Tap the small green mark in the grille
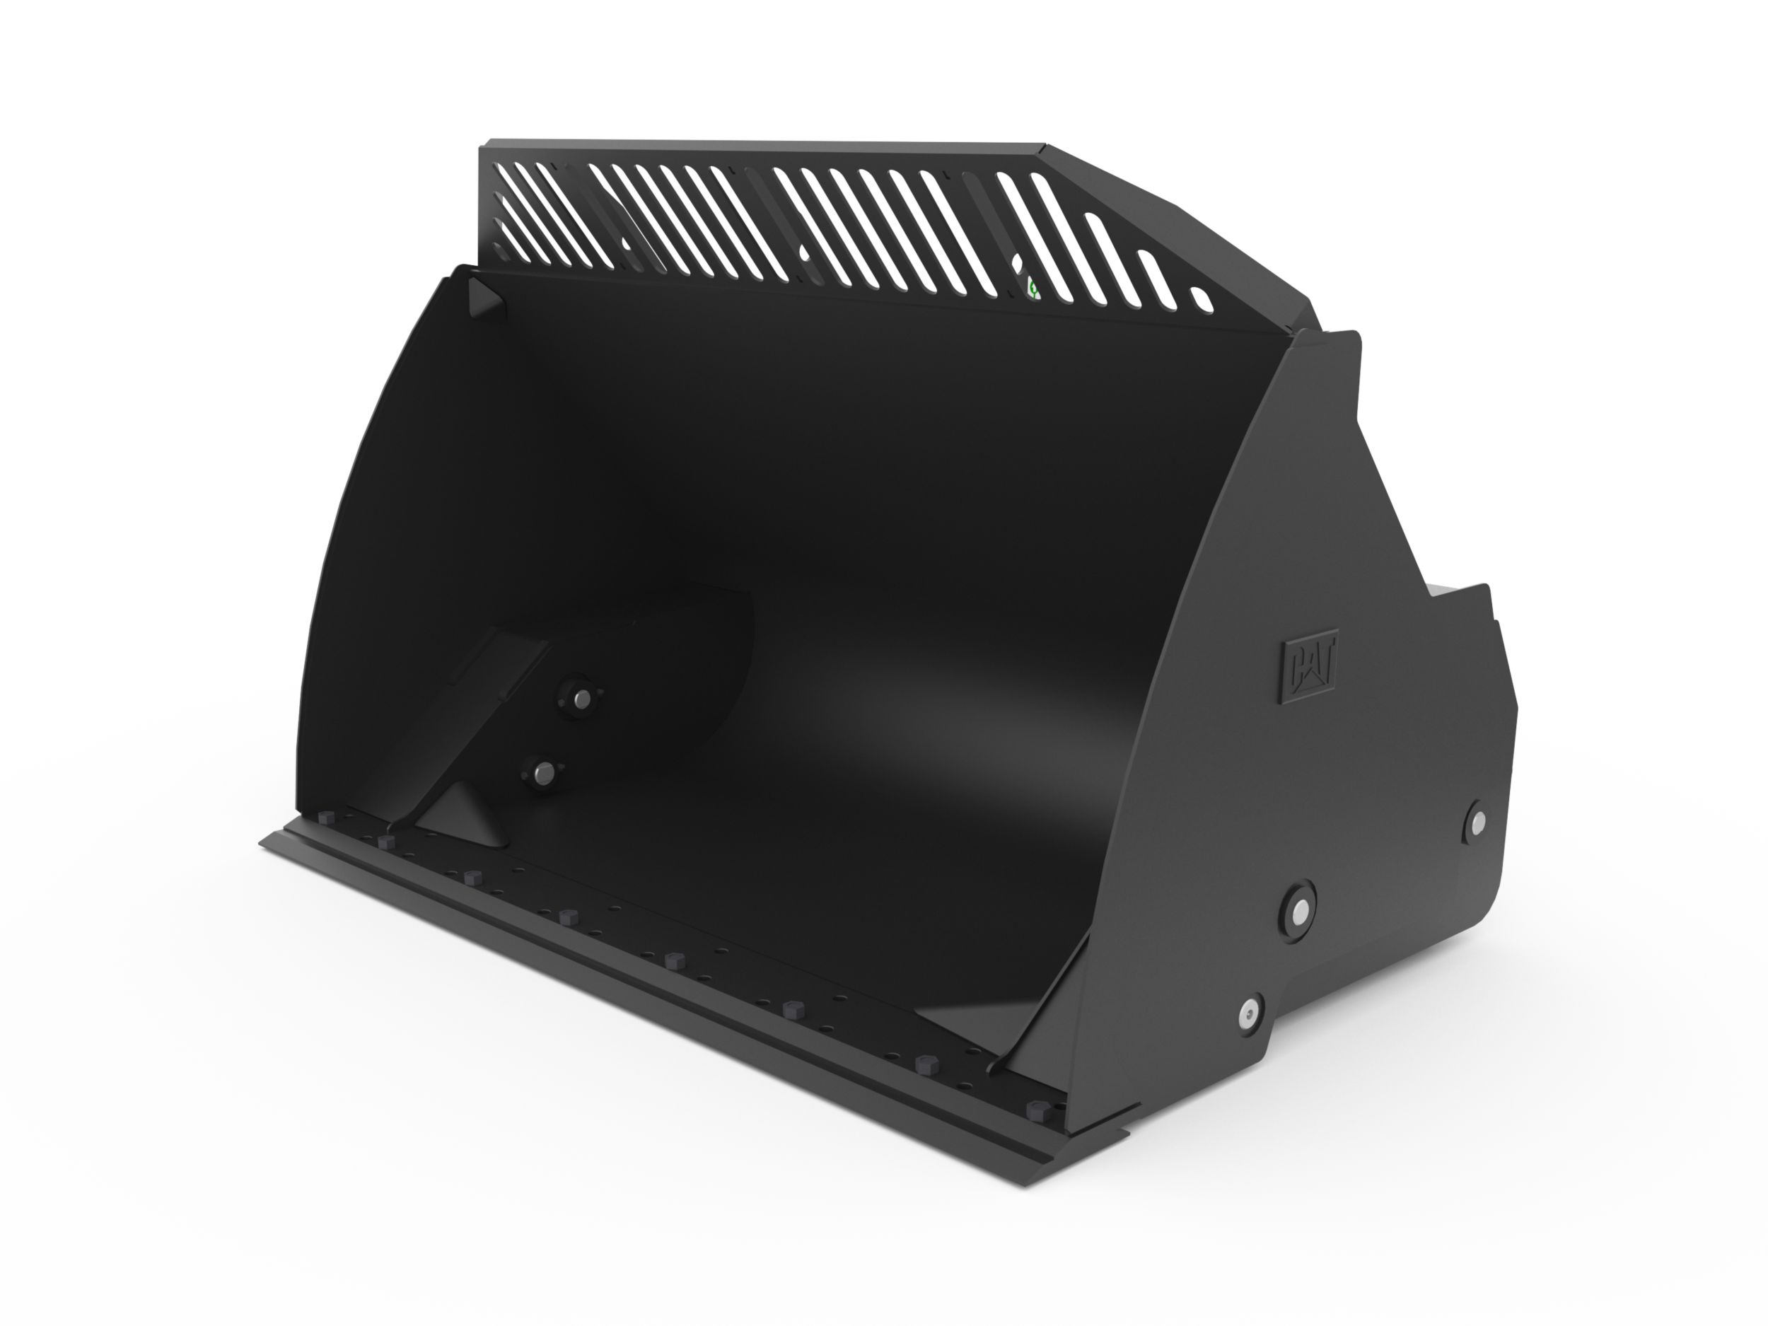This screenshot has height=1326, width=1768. click(x=1033, y=288)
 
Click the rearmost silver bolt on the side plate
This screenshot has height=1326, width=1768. click(x=1478, y=820)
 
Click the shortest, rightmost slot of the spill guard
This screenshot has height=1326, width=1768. click(x=1202, y=300)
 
